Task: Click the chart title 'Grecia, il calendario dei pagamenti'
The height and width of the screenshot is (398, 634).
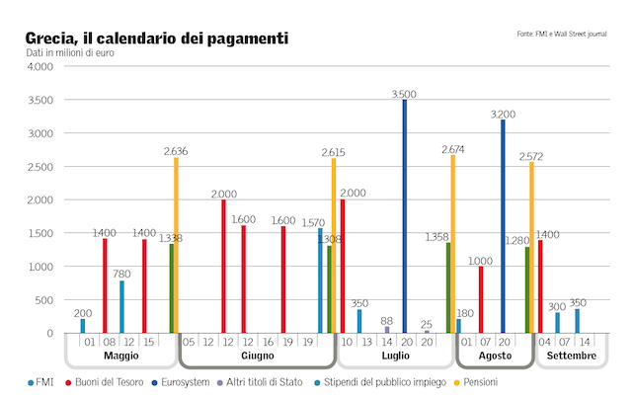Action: (x=158, y=39)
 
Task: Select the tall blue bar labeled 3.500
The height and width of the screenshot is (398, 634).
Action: (x=404, y=217)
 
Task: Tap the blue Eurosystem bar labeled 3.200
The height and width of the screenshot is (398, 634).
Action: (x=503, y=227)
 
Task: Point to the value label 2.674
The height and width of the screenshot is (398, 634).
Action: (x=452, y=149)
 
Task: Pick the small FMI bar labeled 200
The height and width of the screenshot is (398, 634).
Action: (x=83, y=326)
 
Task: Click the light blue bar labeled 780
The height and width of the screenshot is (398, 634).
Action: (x=121, y=306)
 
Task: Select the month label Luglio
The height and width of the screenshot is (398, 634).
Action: (x=395, y=356)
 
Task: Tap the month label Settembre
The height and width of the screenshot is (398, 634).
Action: (x=572, y=356)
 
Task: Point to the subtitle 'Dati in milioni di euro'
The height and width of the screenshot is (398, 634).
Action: (x=68, y=52)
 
